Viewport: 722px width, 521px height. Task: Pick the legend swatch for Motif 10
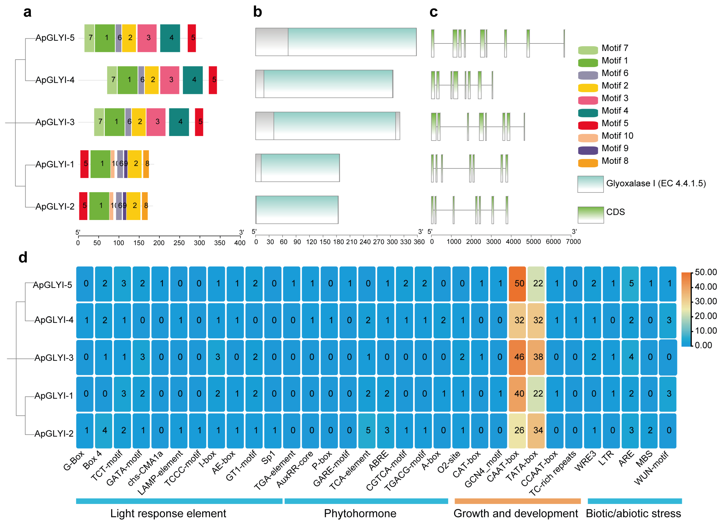click(588, 138)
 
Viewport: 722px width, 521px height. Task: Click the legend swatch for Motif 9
click(588, 151)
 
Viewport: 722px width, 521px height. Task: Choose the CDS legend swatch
click(591, 215)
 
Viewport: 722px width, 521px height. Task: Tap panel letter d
click(23, 257)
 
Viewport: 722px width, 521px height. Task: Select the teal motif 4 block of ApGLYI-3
click(179, 122)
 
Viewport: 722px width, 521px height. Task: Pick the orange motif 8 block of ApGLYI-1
click(146, 164)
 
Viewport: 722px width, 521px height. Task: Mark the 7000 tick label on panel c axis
click(573, 242)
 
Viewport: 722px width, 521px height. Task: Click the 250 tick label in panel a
click(179, 243)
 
